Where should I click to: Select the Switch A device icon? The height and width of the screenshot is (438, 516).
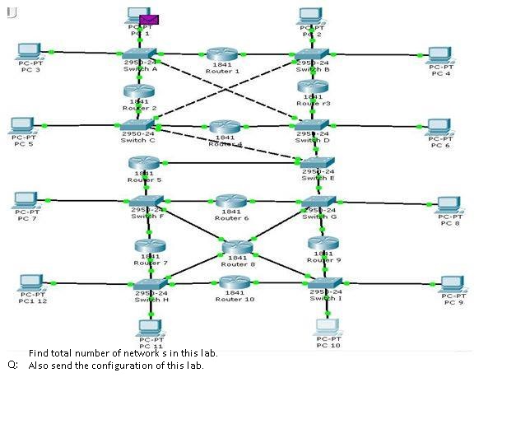141,54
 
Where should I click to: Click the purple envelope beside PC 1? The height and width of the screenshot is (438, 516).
149,19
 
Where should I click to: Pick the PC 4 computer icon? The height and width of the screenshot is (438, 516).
440,56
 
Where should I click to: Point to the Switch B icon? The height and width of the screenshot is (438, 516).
312,54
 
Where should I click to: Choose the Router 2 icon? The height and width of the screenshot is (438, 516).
139,91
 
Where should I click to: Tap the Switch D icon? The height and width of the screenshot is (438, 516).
313,125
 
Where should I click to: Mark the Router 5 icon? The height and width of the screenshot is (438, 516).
143,163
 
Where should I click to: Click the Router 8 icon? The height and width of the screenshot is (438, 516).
237,247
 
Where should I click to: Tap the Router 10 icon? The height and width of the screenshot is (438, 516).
235,282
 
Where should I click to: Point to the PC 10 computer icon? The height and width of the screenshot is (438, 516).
328,326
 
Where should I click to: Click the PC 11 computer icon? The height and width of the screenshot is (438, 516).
151,327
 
